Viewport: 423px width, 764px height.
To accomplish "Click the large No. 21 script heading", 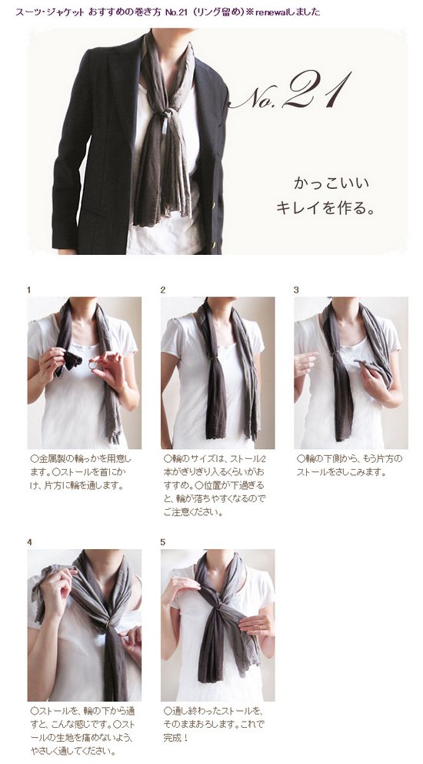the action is pos(291,92).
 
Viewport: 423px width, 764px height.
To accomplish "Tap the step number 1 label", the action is pos(29,290).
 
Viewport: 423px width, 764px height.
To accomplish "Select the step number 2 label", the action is pos(163,290).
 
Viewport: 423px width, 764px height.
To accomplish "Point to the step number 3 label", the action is pos(296,290).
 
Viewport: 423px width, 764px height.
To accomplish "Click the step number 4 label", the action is pos(30,542).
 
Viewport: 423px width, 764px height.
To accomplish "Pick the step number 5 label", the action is pos(163,542).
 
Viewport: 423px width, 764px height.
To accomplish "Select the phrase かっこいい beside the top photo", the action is pos(331,184).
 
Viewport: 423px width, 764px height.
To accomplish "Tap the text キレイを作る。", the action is pos(325,208).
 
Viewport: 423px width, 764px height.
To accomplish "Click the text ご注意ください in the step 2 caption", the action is pos(193,513).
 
